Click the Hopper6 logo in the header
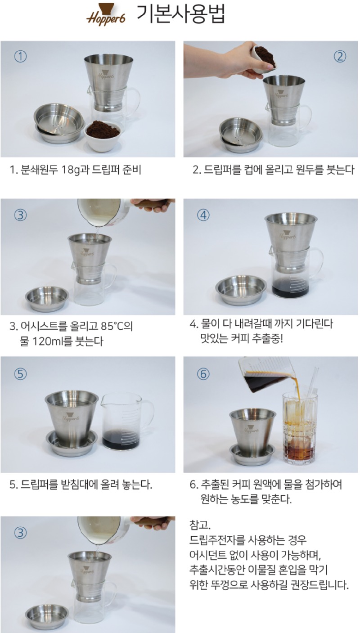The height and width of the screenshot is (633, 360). (105, 14)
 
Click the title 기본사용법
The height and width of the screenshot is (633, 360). (181, 13)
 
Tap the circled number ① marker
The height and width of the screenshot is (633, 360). (20, 57)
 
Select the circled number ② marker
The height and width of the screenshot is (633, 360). (340, 57)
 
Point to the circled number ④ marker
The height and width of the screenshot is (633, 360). (203, 215)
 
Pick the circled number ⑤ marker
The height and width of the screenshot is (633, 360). (20, 374)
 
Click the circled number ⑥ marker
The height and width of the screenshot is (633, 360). (203, 374)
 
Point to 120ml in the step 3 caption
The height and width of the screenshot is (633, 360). (47, 341)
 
